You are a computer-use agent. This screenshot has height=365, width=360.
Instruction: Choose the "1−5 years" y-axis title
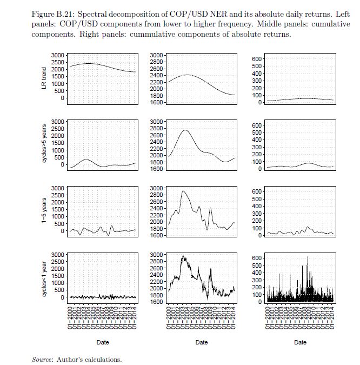[45, 211]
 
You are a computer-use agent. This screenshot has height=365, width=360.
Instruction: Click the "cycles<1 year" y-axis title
[45, 278]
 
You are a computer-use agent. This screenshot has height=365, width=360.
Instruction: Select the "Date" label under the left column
[103, 342]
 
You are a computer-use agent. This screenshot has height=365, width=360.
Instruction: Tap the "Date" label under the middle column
[201, 342]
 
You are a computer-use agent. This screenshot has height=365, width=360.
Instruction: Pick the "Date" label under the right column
[300, 342]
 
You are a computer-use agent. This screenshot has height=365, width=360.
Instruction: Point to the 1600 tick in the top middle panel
[157, 102]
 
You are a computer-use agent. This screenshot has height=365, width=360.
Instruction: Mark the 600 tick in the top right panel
[256, 58]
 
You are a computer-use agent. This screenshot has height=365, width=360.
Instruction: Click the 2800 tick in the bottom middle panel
[157, 261]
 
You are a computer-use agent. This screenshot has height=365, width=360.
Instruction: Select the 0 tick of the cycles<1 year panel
[63, 297]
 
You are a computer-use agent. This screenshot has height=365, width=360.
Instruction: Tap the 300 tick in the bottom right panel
[256, 280]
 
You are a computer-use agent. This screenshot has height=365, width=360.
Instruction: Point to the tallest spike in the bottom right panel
[308, 257]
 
